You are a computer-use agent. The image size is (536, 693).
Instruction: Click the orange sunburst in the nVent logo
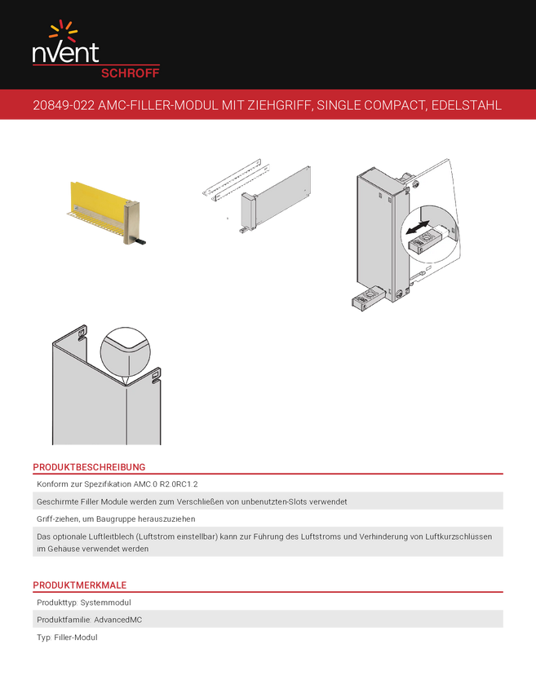64,30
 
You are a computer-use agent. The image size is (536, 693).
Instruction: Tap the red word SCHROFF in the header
130,73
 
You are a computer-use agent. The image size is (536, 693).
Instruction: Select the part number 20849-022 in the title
64,105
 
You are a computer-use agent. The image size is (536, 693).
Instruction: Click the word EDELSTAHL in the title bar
466,105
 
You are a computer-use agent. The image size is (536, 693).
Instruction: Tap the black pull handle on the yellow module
141,242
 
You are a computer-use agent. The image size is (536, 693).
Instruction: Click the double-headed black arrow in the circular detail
418,228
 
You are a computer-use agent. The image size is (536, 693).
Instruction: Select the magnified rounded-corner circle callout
125,352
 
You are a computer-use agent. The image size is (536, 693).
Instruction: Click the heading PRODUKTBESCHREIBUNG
89,467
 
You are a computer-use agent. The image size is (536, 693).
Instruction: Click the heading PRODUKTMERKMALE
80,585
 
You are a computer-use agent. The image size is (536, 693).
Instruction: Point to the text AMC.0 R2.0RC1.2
166,484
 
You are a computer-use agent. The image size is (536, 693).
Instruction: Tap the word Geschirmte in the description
55,501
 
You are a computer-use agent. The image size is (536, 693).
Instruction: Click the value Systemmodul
106,603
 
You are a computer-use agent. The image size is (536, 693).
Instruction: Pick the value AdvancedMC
118,620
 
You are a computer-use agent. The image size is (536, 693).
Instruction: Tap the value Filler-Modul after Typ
76,638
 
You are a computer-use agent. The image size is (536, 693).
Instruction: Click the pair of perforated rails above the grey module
237,179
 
